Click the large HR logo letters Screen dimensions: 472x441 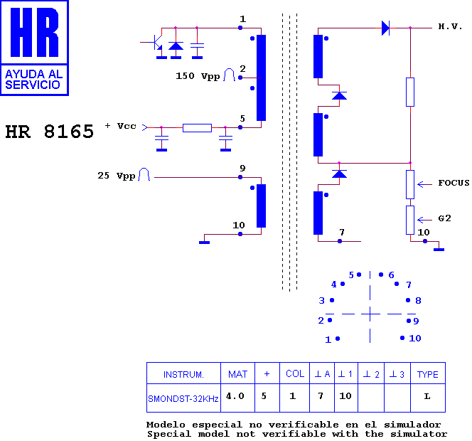tap(34, 32)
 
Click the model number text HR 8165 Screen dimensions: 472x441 tap(50, 132)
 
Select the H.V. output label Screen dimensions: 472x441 tap(450, 26)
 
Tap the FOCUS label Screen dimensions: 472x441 tap(454, 183)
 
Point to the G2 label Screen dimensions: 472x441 tap(444, 218)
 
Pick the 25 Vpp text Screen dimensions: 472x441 tap(117, 176)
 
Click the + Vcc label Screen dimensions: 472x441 tap(120, 126)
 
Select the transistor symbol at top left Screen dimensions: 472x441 tap(155, 43)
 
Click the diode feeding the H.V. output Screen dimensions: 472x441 tap(385, 28)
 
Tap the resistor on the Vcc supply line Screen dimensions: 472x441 tap(197, 128)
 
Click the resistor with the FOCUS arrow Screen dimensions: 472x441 tap(410, 184)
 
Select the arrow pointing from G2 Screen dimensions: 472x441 tap(425, 220)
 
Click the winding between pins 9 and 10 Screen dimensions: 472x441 tap(261, 206)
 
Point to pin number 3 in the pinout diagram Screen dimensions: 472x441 tap(322, 301)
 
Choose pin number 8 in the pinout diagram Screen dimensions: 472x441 tap(418, 301)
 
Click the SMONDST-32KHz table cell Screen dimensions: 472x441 tap(183, 398)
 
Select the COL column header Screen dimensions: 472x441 tap(295, 374)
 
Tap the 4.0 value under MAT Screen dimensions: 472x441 tap(235, 395)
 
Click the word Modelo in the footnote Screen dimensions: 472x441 tap(166, 425)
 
